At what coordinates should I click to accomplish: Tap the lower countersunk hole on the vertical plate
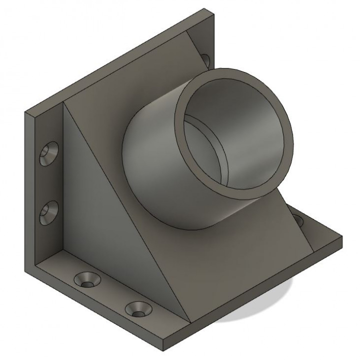tap(48, 212)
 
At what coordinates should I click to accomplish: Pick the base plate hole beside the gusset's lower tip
tap(137, 309)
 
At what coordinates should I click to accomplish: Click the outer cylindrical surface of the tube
tap(150, 165)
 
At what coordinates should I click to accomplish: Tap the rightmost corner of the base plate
tap(342, 240)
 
